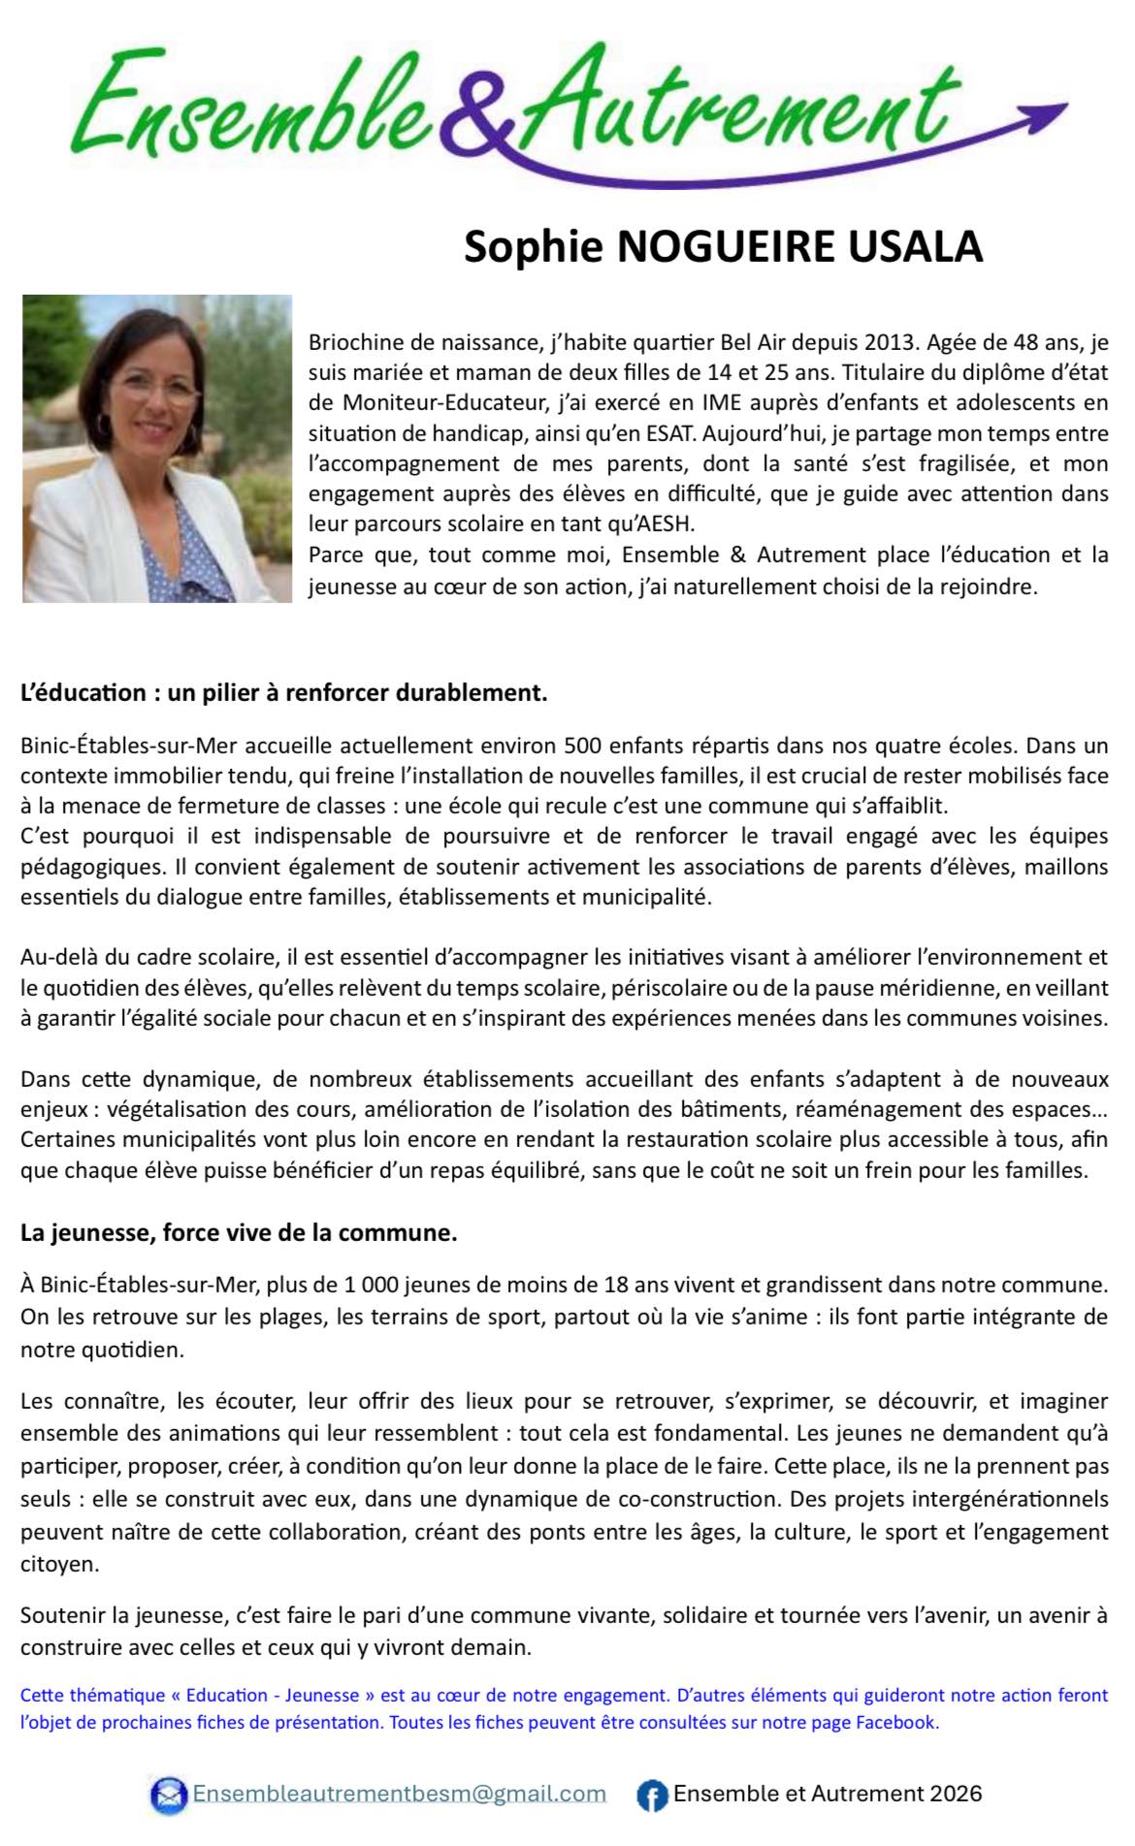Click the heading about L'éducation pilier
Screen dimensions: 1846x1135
284,693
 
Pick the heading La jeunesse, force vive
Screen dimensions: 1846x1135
239,1233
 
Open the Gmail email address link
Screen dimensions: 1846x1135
400,1794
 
